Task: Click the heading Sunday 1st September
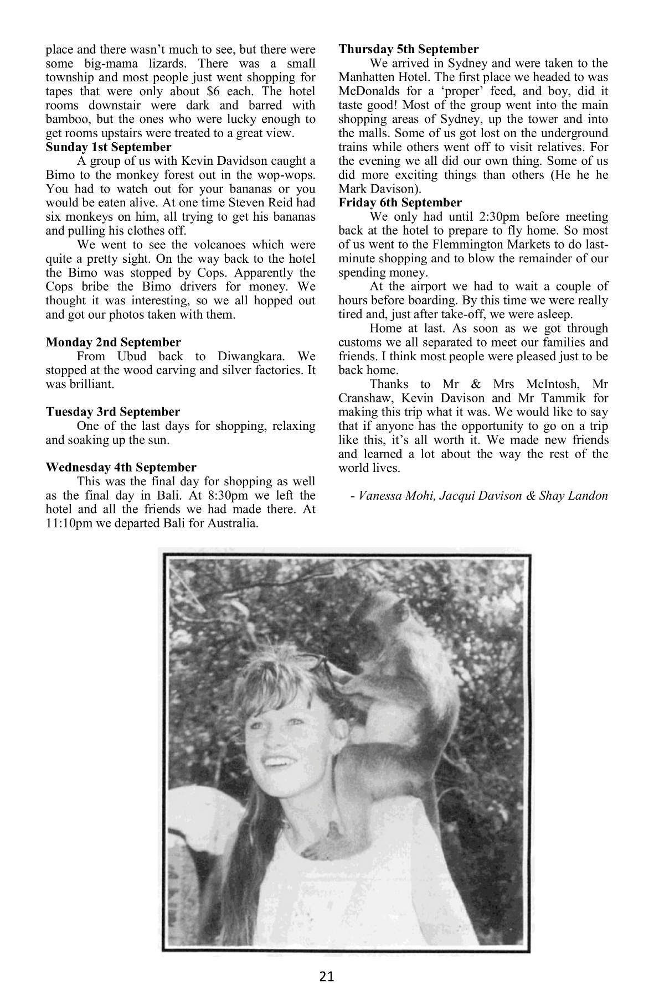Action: pos(109,147)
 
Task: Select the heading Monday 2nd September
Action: pos(113,343)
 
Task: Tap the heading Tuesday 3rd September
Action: pos(113,412)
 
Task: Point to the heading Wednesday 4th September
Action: pos(121,468)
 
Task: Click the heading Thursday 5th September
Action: pos(409,49)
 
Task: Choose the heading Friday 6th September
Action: pos(400,203)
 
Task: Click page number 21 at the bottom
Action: pos(327,976)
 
